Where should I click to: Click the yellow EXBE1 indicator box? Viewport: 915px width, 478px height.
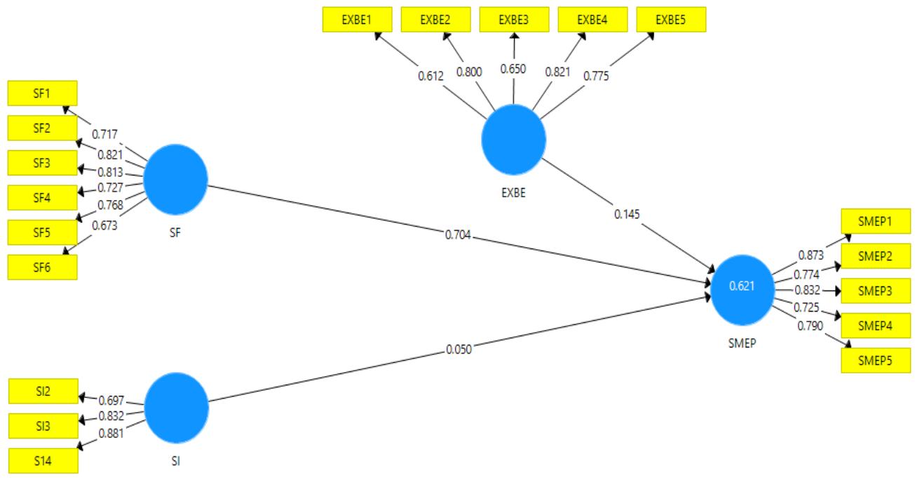pos(357,20)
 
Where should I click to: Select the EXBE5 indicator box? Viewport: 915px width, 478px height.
pos(671,20)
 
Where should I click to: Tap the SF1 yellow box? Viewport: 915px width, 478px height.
pos(42,93)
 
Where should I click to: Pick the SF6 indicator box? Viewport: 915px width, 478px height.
pos(42,267)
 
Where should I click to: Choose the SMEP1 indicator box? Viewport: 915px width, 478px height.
pos(876,222)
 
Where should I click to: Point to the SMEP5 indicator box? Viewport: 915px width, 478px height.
pos(876,360)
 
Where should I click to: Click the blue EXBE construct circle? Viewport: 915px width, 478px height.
pos(513,139)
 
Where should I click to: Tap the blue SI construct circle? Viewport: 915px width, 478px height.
pos(176,406)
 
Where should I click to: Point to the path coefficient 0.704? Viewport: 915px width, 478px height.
pos(458,237)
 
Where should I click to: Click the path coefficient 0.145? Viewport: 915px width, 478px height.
pos(628,213)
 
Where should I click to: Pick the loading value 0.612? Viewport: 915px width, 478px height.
pos(431,75)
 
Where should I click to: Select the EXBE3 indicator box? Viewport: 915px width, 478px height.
pos(514,20)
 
